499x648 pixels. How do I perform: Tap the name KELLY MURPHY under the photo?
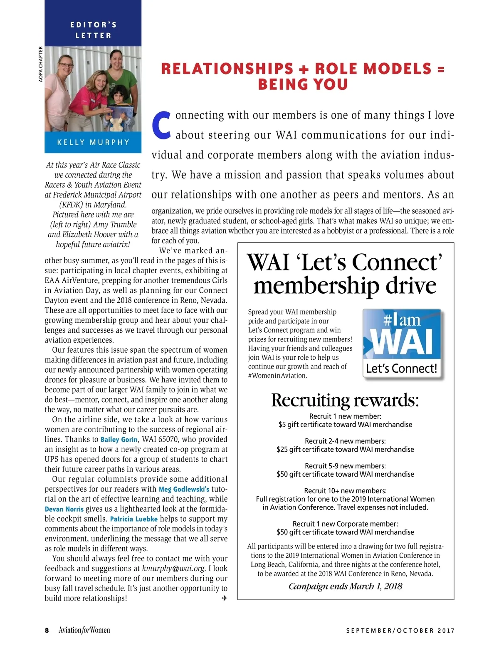tap(93, 142)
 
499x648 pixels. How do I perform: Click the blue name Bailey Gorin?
tap(119, 440)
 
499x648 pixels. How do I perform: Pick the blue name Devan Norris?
tap(64, 509)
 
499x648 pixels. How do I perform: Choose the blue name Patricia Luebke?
tap(133, 519)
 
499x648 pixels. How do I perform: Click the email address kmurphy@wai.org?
tap(173, 569)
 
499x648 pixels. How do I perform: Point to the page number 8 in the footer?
tap(47, 630)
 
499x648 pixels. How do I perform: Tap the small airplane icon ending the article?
tap(224, 598)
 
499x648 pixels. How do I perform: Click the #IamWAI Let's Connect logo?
tap(402, 343)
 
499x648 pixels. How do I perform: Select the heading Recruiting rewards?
tap(345, 400)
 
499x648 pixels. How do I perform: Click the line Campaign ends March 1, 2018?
tap(345, 586)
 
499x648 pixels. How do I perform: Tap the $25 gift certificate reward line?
tap(345, 450)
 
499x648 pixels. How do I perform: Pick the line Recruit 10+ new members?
tap(345, 491)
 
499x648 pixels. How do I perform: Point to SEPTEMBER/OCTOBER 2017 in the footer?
tap(400, 631)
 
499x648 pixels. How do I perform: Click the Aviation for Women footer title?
tap(84, 630)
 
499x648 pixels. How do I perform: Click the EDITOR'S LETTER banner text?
tap(93, 30)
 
